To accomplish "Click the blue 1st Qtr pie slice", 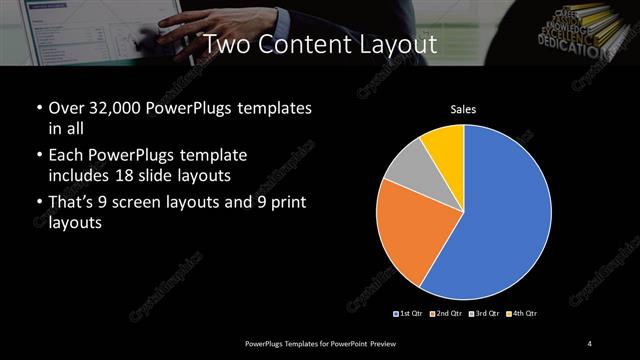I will pos(500,220).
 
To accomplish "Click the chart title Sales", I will pos(463,109).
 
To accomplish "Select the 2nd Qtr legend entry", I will pos(446,314).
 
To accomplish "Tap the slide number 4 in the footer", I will pos(590,344).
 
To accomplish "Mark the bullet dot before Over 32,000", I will pos(39,108).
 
